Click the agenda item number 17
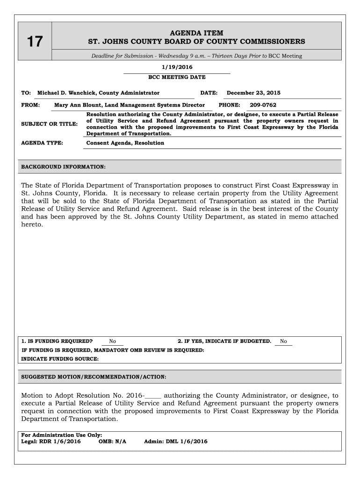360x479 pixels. (x=34, y=43)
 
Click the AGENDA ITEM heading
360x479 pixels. (x=196, y=33)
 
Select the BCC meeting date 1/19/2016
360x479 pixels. (x=177, y=68)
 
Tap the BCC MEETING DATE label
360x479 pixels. (x=177, y=77)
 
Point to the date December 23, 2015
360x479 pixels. (x=253, y=93)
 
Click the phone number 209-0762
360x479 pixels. (x=263, y=105)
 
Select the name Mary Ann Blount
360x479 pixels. (x=77, y=105)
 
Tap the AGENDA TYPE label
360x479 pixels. (x=43, y=143)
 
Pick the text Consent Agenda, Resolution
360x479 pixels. (x=125, y=143)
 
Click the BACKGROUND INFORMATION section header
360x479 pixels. (x=64, y=167)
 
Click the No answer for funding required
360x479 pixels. (x=113, y=341)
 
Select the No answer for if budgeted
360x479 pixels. (x=283, y=341)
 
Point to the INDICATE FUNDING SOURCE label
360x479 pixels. (x=60, y=359)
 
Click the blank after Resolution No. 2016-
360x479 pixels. (x=153, y=395)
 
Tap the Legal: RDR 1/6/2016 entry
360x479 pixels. (x=51, y=442)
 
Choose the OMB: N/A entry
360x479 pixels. (x=113, y=442)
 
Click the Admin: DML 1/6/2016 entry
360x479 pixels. (x=176, y=442)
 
